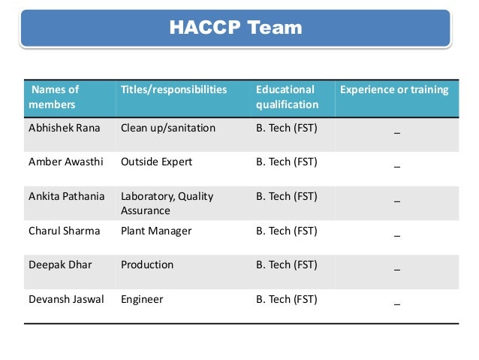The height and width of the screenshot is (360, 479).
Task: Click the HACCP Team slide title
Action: tap(235, 29)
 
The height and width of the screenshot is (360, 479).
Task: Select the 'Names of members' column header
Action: tap(53, 97)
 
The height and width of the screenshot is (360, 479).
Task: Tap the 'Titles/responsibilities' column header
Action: tap(173, 89)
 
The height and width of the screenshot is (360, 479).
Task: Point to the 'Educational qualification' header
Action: tap(287, 97)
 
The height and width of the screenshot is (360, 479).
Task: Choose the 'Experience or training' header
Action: tap(394, 89)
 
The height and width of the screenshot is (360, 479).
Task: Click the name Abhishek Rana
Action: tap(64, 128)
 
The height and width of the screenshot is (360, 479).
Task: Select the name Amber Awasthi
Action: tap(66, 162)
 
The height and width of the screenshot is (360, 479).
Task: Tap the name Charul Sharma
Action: tap(64, 231)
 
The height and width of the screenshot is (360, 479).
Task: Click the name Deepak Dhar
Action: tap(60, 265)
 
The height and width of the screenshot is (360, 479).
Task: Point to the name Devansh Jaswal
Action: tap(66, 299)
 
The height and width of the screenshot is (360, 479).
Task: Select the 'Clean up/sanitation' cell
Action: tap(168, 128)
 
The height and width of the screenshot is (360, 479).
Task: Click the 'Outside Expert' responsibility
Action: tap(156, 162)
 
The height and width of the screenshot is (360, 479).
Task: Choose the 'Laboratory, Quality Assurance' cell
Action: tap(167, 203)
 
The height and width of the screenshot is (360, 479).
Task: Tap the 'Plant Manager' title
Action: tap(156, 231)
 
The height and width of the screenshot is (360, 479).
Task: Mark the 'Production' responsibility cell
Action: tap(147, 265)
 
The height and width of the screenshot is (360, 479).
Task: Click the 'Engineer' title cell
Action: tap(142, 299)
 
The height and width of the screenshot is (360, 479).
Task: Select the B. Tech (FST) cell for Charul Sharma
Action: tap(287, 231)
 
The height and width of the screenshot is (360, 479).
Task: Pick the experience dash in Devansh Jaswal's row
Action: tap(396, 302)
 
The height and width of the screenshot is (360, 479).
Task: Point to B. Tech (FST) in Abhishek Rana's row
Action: tap(287, 128)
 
